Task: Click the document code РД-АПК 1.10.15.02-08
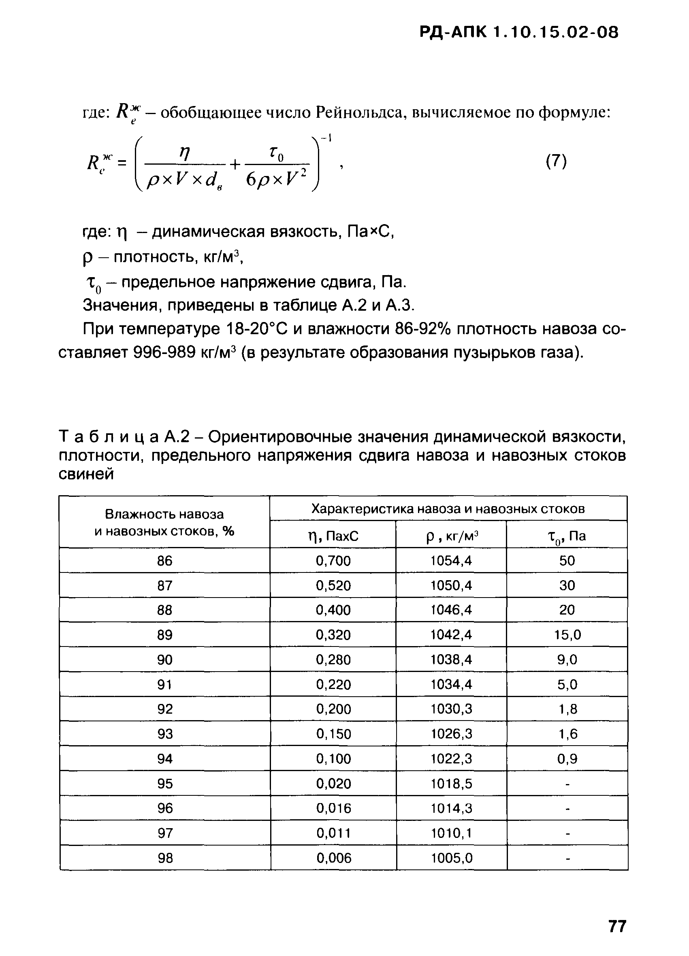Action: pyautogui.click(x=518, y=32)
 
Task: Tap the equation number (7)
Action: pyautogui.click(x=556, y=161)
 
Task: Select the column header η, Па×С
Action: pyautogui.click(x=333, y=536)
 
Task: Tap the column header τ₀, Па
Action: pyautogui.click(x=567, y=536)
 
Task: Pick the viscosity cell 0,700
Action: pyautogui.click(x=333, y=561)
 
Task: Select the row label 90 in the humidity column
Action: pyautogui.click(x=164, y=660)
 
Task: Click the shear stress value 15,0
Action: pyautogui.click(x=567, y=635)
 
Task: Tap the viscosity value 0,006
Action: pyautogui.click(x=334, y=858)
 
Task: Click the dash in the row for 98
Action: pyautogui.click(x=567, y=858)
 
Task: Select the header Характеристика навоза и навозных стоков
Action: pyautogui.click(x=448, y=509)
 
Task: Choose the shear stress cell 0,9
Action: pyautogui.click(x=567, y=759)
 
